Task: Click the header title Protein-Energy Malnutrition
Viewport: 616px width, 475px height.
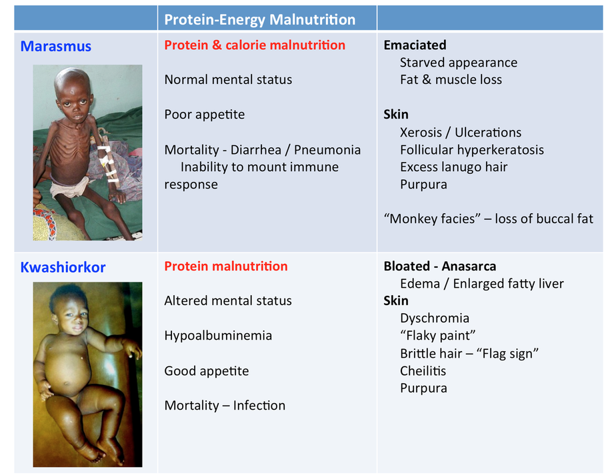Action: (x=260, y=19)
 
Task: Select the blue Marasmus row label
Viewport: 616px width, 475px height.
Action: (x=56, y=47)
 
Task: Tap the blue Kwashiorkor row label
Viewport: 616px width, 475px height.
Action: (x=63, y=267)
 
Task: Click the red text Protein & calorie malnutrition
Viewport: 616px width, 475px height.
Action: (x=255, y=45)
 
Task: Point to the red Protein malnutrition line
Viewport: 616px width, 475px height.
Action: (x=226, y=266)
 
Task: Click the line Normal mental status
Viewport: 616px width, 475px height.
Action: (x=228, y=80)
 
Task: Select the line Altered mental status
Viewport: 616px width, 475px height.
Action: (x=228, y=300)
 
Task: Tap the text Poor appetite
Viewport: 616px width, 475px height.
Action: (x=205, y=115)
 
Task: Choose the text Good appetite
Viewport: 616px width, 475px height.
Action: (x=207, y=371)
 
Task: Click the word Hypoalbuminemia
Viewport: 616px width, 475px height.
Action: (x=218, y=336)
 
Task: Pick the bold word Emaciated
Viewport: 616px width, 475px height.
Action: (x=415, y=45)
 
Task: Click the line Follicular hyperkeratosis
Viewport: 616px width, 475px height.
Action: (x=472, y=150)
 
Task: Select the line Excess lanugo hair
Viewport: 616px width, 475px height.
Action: (x=454, y=167)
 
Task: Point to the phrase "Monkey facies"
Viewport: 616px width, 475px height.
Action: (x=432, y=219)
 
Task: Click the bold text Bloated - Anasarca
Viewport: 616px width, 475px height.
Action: (x=440, y=266)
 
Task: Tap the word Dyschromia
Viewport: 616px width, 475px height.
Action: (x=435, y=318)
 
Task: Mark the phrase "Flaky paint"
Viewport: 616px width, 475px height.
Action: (x=437, y=336)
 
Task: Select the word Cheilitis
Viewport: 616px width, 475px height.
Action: (x=423, y=371)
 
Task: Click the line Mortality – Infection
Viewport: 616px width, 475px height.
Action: (x=225, y=406)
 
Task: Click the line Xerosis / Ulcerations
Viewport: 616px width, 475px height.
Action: (x=461, y=133)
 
